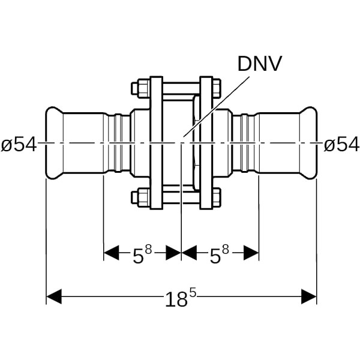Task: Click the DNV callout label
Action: pyautogui.click(x=259, y=64)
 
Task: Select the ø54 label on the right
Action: pyautogui.click(x=341, y=145)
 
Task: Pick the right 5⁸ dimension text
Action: pyautogui.click(x=218, y=255)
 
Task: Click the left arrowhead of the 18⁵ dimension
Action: pyautogui.click(x=54, y=296)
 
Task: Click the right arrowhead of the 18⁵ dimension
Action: pyautogui.click(x=309, y=296)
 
